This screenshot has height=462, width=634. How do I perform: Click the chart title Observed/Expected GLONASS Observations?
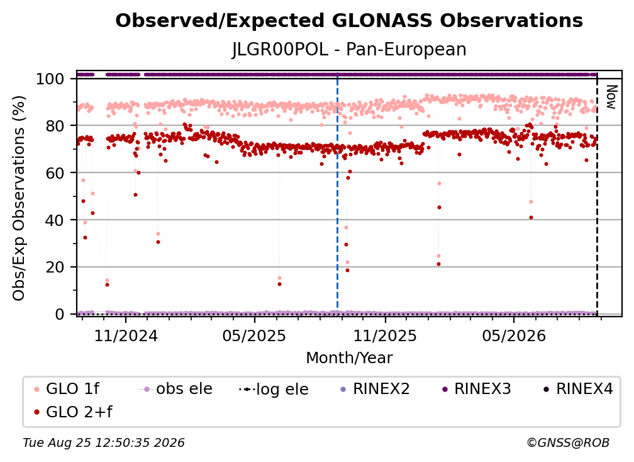pyautogui.click(x=349, y=21)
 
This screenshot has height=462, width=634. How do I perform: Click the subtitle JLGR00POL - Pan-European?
pyautogui.click(x=349, y=49)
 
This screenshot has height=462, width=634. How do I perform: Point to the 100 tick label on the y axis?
pyautogui.click(x=50, y=79)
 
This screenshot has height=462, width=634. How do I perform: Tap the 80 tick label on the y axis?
pyautogui.click(x=55, y=126)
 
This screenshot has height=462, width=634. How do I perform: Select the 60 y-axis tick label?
pyautogui.click(x=55, y=173)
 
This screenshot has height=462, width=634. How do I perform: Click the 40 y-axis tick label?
pyautogui.click(x=55, y=220)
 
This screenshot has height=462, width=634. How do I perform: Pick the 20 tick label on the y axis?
pyautogui.click(x=55, y=268)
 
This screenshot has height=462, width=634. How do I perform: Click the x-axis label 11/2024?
pyautogui.click(x=126, y=335)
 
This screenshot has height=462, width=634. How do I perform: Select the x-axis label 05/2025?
pyautogui.click(x=254, y=335)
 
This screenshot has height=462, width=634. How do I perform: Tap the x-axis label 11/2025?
pyautogui.click(x=385, y=335)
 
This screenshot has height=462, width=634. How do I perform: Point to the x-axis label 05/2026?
pyautogui.click(x=514, y=335)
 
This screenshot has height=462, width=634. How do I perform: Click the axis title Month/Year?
pyautogui.click(x=349, y=358)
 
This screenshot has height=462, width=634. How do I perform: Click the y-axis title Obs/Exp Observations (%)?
pyautogui.click(x=19, y=198)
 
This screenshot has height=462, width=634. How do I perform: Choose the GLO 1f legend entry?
pyautogui.click(x=67, y=389)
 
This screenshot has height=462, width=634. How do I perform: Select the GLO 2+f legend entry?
pyautogui.click(x=73, y=412)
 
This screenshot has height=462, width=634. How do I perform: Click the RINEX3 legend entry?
pyautogui.click(x=477, y=389)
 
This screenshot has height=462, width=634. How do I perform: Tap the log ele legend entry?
pyautogui.click(x=274, y=389)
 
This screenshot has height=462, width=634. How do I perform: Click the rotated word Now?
pyautogui.click(x=611, y=97)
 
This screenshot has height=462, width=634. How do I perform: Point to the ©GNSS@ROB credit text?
pyautogui.click(x=568, y=443)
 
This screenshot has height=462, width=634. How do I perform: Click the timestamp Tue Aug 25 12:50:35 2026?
pyautogui.click(x=104, y=443)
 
